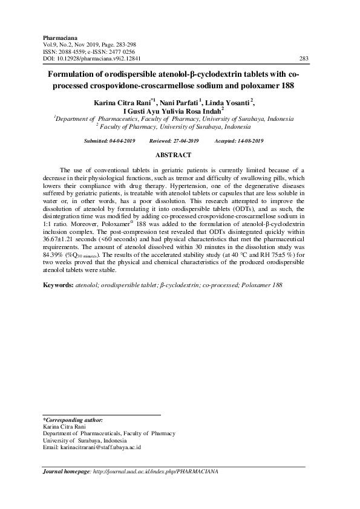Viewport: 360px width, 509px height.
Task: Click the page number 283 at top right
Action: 304,59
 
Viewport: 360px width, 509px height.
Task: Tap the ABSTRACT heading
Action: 174,155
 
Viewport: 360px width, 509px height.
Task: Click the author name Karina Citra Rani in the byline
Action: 120,103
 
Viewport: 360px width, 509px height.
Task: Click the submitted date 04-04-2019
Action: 124,140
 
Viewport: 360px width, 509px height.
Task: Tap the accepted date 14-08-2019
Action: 249,140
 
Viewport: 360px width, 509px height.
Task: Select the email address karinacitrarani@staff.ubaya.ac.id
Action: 99,448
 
